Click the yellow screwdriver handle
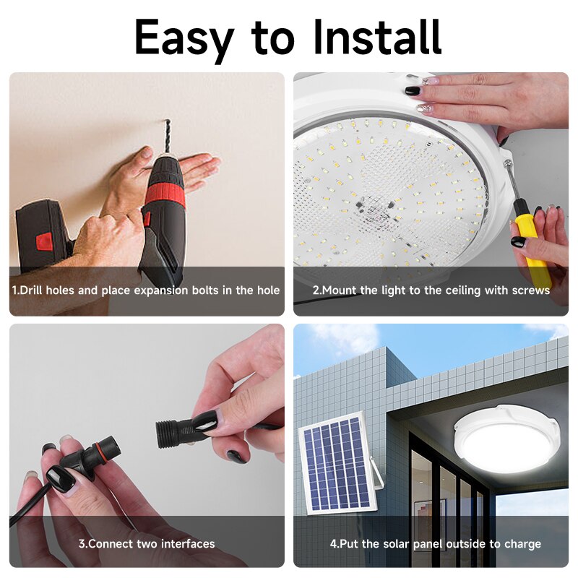tap(531, 246)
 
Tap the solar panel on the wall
tap(335, 462)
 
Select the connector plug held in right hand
tap(177, 432)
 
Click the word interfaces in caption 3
tap(187, 543)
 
